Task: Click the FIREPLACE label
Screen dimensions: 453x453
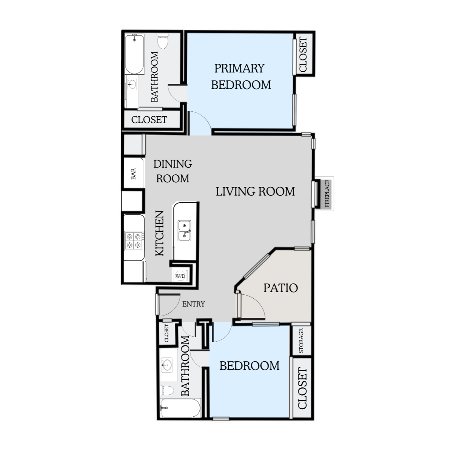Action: tap(327, 194)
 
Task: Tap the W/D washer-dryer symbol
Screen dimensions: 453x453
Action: tap(180, 276)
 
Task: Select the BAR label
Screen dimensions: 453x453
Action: tap(133, 174)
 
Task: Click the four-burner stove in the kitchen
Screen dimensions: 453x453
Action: tap(134, 241)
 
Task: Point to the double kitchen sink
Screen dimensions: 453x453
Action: tap(185, 231)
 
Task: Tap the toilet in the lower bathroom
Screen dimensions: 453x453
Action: tap(167, 391)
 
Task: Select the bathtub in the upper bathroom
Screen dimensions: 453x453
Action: tap(134, 54)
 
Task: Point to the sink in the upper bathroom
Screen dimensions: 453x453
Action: tap(132, 84)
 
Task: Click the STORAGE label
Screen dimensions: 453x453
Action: tap(301, 341)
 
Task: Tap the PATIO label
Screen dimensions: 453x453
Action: tap(281, 288)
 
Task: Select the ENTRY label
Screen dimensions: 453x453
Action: tap(194, 304)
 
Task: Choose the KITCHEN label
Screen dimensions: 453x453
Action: tap(160, 233)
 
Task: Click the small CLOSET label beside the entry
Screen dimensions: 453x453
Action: tap(166, 333)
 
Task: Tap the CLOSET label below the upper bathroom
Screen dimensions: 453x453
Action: tap(149, 120)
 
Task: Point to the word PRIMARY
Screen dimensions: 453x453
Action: tap(240, 68)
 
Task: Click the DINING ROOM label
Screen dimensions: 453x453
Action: tap(173, 171)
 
